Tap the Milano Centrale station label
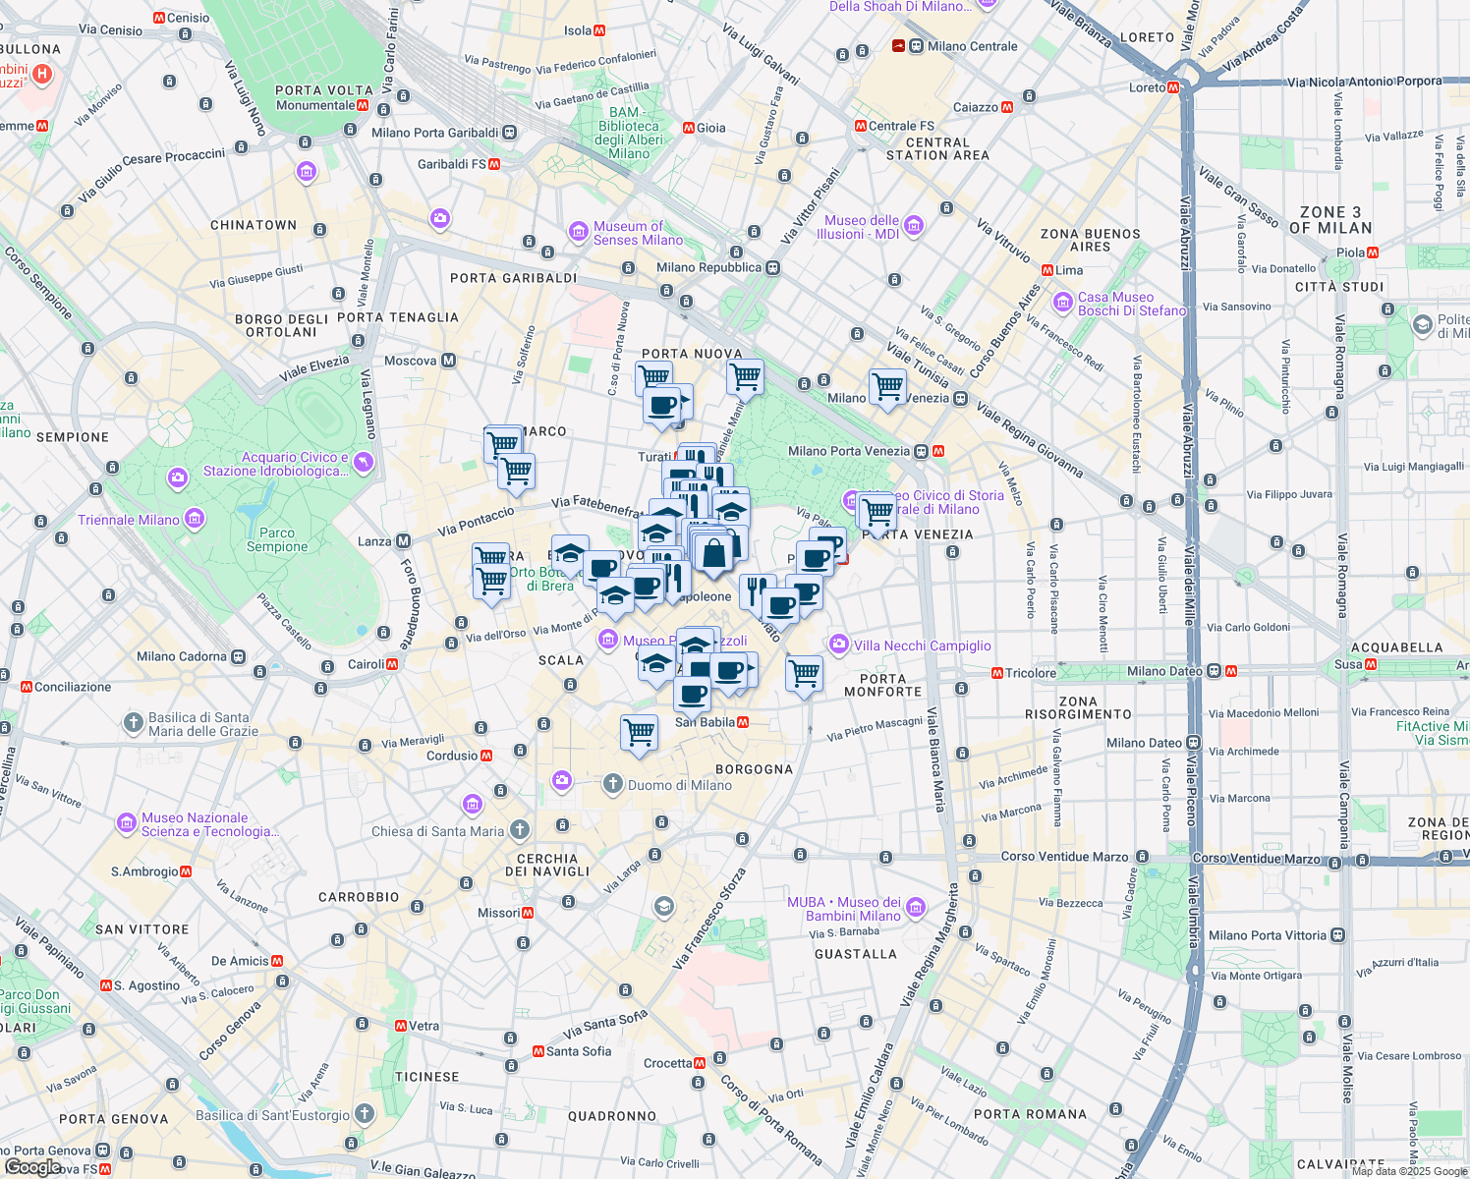pyautogui.click(x=972, y=46)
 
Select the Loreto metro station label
pyautogui.click(x=1148, y=87)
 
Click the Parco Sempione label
pyautogui.click(x=277, y=539)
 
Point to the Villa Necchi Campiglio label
pyautogui.click(x=922, y=646)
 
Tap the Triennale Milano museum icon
pyautogui.click(x=195, y=519)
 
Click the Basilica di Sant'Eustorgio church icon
pyautogui.click(x=365, y=1114)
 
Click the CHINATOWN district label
pyautogui.click(x=254, y=225)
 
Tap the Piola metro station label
pyautogui.click(x=1350, y=253)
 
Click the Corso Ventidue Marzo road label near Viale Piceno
pyautogui.click(x=1256, y=859)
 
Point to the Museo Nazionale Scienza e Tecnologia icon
pyautogui.click(x=127, y=823)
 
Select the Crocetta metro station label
pyautogui.click(x=668, y=1063)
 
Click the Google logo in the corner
pyautogui.click(x=32, y=1166)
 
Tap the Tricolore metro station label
pyautogui.click(x=1030, y=673)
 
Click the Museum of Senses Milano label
pyautogui.click(x=638, y=233)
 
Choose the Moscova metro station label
pyautogui.click(x=411, y=361)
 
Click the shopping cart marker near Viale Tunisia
pyautogui.click(x=887, y=386)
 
